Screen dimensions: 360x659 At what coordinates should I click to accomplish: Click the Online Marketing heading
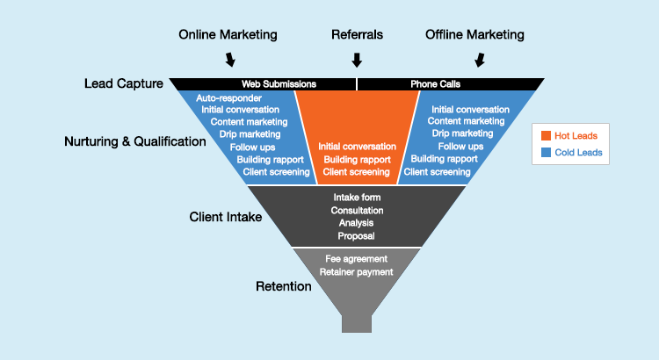(228, 35)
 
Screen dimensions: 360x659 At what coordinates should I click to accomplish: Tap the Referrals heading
(358, 35)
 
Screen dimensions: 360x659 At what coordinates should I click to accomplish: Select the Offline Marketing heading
(474, 35)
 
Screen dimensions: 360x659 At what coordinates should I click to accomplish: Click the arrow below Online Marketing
(230, 60)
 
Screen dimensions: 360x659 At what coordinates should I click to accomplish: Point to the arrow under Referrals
(357, 60)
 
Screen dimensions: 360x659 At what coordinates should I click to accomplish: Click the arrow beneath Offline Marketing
(480, 60)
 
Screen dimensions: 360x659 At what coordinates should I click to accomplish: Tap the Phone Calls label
(436, 84)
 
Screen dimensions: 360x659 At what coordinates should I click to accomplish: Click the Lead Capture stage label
(124, 84)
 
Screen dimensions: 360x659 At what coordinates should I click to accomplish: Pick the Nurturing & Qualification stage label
(135, 140)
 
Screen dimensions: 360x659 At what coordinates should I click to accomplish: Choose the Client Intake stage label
(226, 216)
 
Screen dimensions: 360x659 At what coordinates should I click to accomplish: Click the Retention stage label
(284, 286)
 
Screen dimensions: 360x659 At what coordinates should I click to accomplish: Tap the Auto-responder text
(228, 97)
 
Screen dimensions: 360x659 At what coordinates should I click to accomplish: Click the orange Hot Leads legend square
(546, 136)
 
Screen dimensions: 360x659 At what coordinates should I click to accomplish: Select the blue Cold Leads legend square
(546, 153)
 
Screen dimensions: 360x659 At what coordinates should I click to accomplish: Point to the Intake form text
(357, 198)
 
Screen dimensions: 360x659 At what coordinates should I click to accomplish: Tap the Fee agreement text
(356, 259)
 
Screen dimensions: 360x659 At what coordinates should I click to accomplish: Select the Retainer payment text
(356, 272)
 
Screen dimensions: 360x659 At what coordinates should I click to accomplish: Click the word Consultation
(357, 211)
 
